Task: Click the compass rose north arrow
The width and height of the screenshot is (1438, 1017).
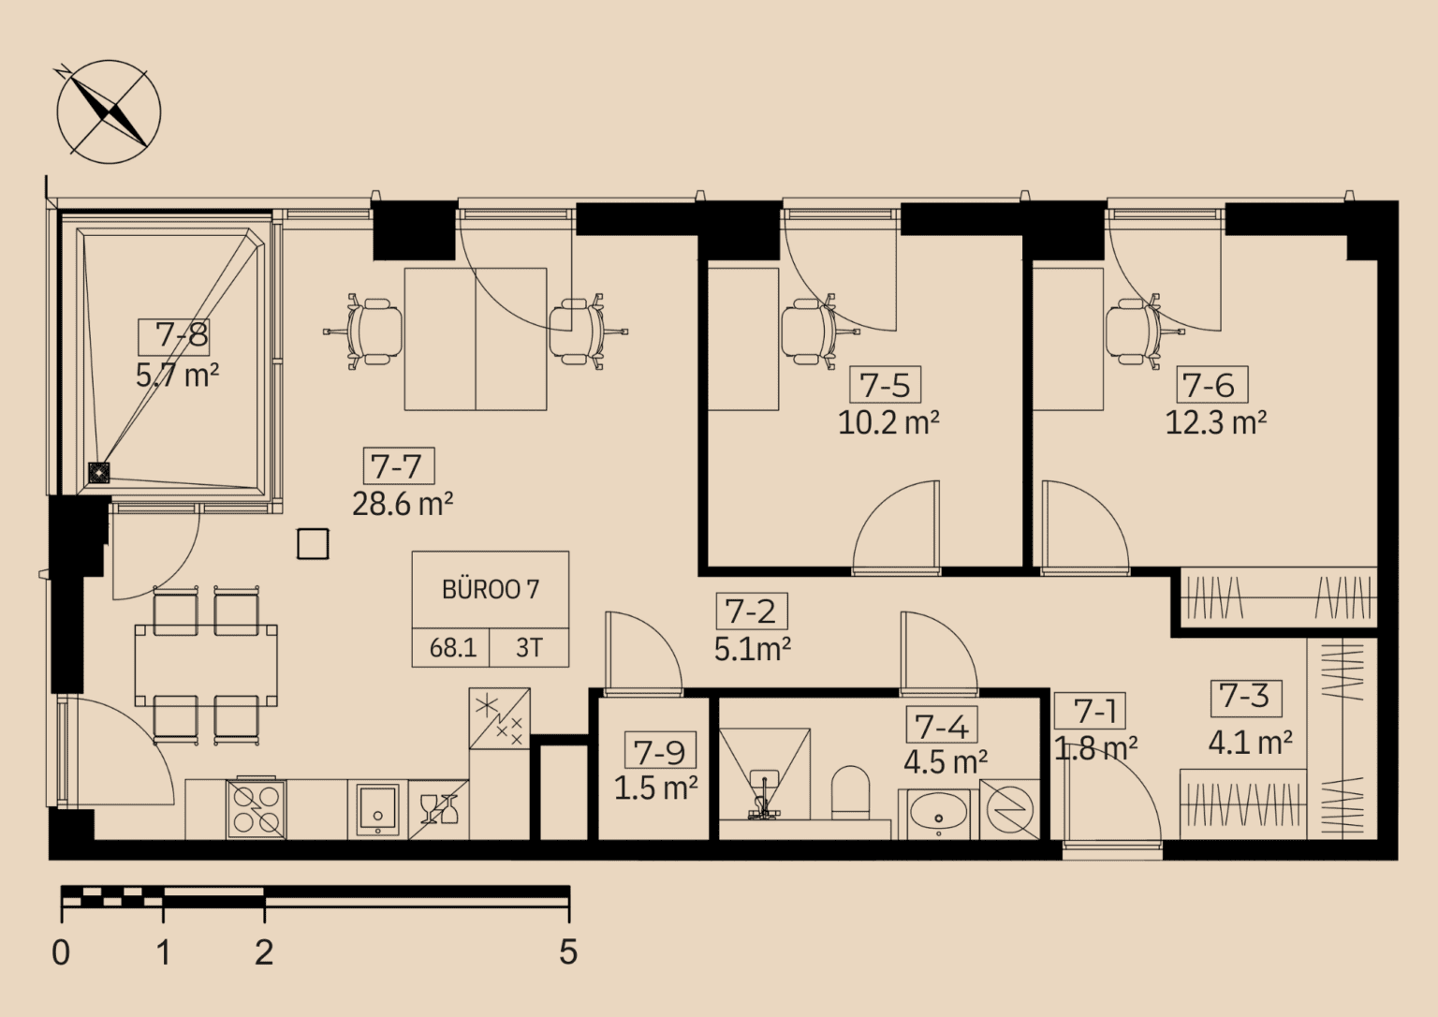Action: pos(110,111)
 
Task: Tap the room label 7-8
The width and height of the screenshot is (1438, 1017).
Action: pos(182,335)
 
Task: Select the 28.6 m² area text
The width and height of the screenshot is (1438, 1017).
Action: pos(403,504)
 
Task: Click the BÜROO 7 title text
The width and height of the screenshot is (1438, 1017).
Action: pos(491,589)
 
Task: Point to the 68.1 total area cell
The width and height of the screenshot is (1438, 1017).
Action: pos(452,648)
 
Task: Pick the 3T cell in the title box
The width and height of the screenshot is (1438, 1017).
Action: pos(529,648)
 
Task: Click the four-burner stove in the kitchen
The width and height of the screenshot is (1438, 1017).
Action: pos(256,809)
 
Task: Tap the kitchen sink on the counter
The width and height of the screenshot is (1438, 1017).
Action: pos(377,809)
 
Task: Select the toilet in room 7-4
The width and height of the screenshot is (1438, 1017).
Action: pos(850,792)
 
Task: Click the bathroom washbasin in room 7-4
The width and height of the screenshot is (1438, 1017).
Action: pos(938,813)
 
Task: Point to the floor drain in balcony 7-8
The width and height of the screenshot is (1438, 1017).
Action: pos(99,473)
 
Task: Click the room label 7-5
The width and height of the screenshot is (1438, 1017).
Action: pos(885,385)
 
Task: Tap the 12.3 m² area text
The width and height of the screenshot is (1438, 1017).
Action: pos(1215,422)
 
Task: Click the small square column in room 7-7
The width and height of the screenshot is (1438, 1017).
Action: pos(313,544)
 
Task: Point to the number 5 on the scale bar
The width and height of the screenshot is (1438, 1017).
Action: pos(567,951)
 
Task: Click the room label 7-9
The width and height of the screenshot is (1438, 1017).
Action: pos(659,752)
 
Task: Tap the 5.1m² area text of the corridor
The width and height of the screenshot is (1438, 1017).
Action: pos(752,649)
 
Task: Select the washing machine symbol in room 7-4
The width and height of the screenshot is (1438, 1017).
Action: pos(1010,809)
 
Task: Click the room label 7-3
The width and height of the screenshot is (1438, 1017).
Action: pos(1245,696)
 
